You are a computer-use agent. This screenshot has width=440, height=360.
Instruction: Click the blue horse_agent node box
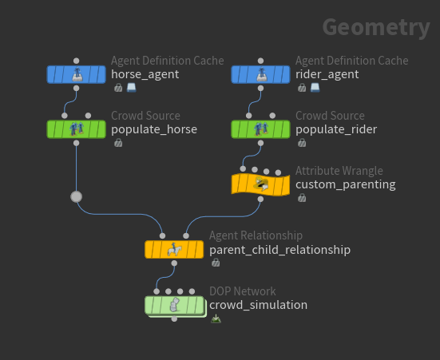77,74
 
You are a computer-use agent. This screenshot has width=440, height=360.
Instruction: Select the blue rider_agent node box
260,74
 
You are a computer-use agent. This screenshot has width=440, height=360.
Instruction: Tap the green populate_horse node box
77,129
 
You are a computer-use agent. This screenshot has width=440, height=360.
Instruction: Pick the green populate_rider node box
260,129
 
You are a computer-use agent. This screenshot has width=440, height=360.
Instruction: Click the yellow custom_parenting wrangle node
260,184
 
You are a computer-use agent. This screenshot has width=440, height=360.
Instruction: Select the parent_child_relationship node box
174,250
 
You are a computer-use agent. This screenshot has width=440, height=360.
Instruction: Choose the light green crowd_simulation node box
174,305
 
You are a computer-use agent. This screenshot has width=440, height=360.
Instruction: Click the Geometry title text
376,27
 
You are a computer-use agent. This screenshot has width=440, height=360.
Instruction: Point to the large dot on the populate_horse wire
77,196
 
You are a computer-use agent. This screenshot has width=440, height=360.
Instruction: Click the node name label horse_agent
145,74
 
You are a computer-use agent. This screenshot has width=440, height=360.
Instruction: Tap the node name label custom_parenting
346,184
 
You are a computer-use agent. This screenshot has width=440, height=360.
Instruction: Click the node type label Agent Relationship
256,235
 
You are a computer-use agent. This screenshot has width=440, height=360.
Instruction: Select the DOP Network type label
243,291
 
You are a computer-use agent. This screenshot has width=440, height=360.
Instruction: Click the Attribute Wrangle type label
339,171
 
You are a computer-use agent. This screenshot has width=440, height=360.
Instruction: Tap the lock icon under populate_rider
302,143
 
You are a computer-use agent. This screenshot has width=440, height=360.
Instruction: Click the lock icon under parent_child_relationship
216,263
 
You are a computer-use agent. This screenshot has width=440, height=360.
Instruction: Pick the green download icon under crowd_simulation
216,318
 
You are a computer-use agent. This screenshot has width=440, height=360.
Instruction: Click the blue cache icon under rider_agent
315,88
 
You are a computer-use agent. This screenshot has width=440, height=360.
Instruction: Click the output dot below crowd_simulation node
174,319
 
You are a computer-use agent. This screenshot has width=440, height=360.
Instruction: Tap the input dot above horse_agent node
77,61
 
